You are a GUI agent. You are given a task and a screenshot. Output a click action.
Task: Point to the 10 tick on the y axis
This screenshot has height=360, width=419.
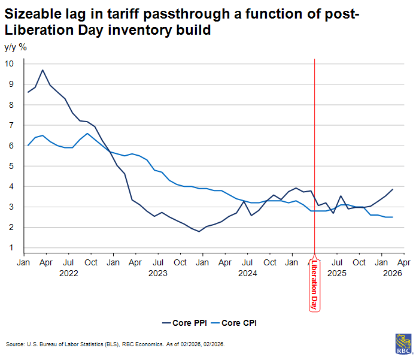click(x=10, y=63)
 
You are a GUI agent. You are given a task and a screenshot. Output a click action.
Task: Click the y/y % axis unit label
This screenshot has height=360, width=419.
click(x=16, y=47)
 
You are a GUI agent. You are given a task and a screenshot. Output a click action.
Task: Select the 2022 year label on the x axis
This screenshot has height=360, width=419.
click(x=68, y=273)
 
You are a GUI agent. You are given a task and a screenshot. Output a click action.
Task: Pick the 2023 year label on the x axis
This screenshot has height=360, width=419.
click(x=157, y=273)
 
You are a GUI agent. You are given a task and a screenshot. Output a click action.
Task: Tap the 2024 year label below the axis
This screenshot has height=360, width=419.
click(x=247, y=273)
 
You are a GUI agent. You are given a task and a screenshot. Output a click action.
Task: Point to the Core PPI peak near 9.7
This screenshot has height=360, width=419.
click(x=42, y=70)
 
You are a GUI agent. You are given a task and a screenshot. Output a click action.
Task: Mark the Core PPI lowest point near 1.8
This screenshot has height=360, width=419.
click(x=199, y=231)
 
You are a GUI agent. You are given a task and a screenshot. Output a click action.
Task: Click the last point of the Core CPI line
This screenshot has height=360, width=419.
click(x=392, y=217)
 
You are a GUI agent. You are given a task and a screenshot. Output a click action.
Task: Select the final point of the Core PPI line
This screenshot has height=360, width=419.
click(x=392, y=189)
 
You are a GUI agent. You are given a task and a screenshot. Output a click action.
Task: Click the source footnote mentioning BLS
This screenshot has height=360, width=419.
click(x=115, y=344)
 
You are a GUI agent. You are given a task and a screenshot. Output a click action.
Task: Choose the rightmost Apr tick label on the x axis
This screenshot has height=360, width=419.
click(x=403, y=262)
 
